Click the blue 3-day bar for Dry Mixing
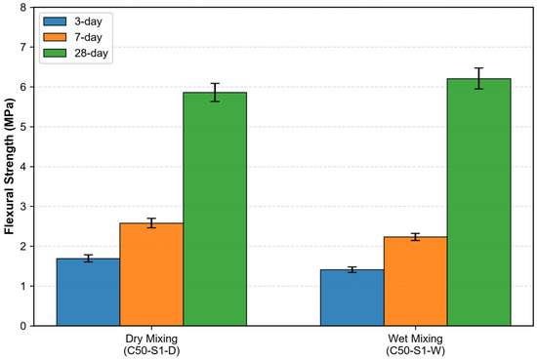pos(88,292)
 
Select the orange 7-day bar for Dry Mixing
pos(151,274)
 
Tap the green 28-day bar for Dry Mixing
pos(215,209)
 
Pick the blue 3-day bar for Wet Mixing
pos(352,298)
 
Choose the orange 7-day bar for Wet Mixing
pos(415,281)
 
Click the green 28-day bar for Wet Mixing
pos(478,202)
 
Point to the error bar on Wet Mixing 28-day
pos(478,78)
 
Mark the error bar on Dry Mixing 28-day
pos(215,93)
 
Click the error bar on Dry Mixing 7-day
pos(151,223)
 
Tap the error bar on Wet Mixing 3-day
pos(352,269)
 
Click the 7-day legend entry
pos(72,37)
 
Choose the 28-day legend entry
pos(76,53)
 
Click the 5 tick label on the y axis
pos(23,127)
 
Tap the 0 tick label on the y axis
pos(23,326)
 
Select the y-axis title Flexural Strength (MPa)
pos(9,166)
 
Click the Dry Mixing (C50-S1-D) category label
pos(151,344)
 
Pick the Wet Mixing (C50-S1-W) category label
pos(415,344)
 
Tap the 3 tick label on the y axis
pos(23,207)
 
